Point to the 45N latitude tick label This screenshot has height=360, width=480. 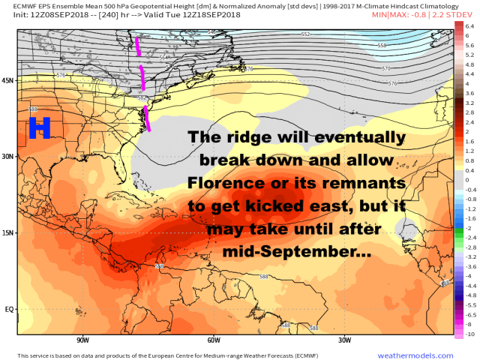click(x=8, y=80)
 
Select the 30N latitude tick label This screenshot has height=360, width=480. click(x=8, y=157)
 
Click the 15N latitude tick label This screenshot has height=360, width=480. click(x=8, y=232)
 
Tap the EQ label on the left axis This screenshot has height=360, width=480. click(x=8, y=308)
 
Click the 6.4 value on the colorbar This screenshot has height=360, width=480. click(x=469, y=25)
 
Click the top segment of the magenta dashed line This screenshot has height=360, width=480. click(x=138, y=46)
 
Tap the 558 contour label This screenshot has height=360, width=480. click(x=382, y=46)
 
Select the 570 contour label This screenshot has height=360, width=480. click(x=387, y=69)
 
